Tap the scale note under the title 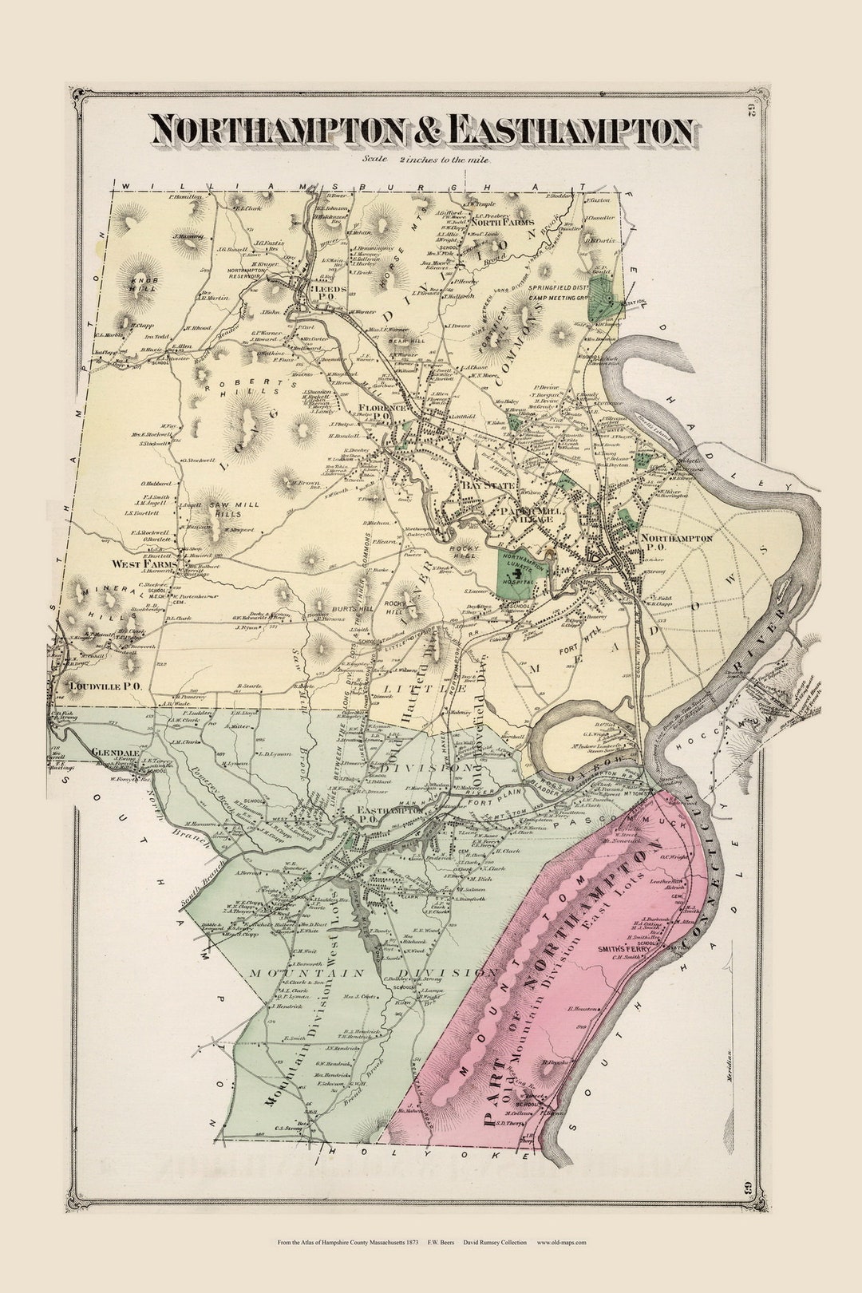(427, 159)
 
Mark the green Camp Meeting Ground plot (599, 301)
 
